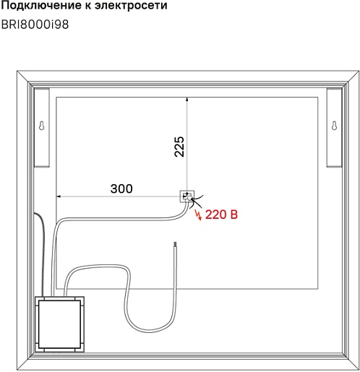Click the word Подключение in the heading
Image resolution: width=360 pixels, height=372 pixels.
(41, 5)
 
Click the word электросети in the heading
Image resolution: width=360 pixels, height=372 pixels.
(131, 5)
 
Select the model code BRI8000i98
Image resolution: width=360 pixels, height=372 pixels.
(35, 25)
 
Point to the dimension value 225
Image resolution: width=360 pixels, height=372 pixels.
(179, 147)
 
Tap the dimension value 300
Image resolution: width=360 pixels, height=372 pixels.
(121, 189)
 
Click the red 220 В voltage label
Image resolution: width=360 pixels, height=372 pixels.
(221, 215)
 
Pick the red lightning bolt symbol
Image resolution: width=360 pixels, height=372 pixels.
(199, 215)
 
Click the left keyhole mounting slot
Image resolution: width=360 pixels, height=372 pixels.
(42, 126)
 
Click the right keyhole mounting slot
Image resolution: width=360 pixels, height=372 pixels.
(334, 126)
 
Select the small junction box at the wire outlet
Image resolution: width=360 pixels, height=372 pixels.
(187, 196)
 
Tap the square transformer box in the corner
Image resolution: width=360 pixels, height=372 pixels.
(59, 324)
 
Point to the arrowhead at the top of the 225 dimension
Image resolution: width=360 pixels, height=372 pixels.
(187, 99)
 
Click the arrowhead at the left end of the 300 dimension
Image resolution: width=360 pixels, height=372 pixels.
(58, 196)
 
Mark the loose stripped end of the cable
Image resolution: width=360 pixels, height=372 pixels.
(175, 243)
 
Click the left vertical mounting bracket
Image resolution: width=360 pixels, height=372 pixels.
(42, 127)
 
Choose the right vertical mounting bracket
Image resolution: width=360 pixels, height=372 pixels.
(334, 127)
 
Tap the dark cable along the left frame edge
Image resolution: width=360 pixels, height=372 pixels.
(43, 253)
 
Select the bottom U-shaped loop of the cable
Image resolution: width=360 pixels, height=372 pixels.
(150, 332)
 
